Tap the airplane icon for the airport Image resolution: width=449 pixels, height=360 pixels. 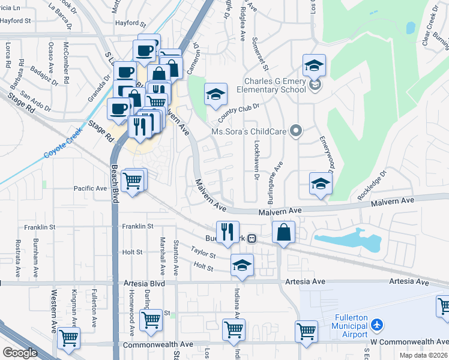click(x=376, y=325)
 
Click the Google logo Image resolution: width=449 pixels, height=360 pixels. click(x=20, y=353)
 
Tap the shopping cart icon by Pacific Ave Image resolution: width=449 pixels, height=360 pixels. click(x=133, y=179)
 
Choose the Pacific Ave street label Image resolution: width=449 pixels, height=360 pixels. click(x=90, y=188)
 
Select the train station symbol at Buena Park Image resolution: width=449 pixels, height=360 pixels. click(x=253, y=238)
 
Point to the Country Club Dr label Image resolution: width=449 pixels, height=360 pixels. click(x=238, y=112)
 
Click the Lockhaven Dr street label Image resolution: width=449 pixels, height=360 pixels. click(x=256, y=162)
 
